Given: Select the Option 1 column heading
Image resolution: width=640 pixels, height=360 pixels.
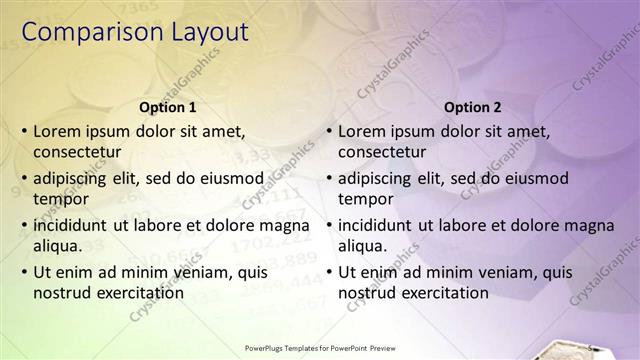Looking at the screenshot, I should click(x=167, y=108).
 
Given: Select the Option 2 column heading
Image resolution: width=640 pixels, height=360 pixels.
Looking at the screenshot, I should click(x=472, y=108).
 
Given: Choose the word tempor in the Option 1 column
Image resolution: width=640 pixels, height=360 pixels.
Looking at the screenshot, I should click(x=59, y=199).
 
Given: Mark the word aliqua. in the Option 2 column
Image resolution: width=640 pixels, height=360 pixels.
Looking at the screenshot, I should click(x=364, y=245).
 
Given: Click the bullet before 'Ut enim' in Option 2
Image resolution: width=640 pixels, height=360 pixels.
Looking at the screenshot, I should click(x=329, y=272).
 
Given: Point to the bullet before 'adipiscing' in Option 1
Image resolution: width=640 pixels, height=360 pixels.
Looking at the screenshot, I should click(x=24, y=179).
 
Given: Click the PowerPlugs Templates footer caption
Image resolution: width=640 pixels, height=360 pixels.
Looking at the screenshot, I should click(x=320, y=349).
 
